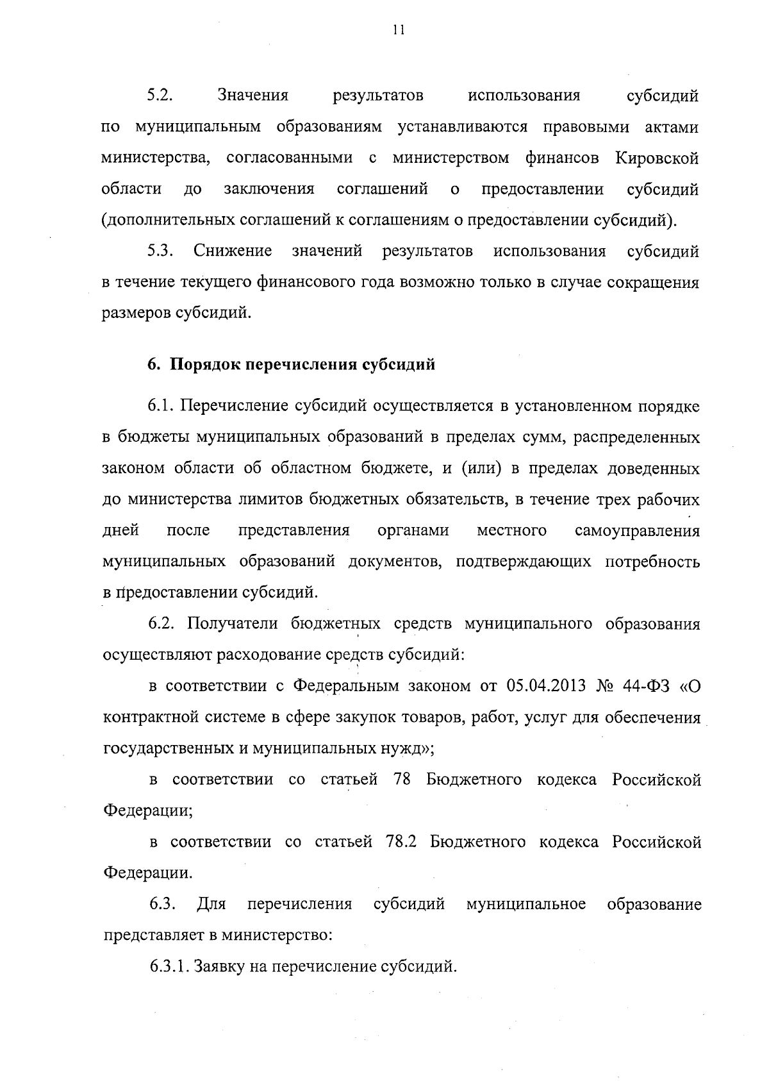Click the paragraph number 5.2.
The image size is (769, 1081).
click(161, 96)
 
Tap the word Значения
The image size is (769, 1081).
click(252, 96)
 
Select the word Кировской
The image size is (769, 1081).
click(657, 158)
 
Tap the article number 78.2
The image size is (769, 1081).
click(402, 842)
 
